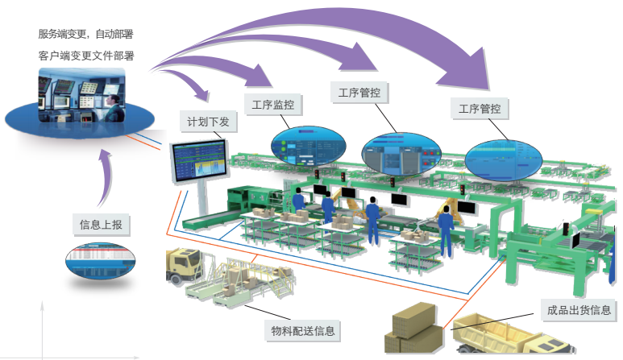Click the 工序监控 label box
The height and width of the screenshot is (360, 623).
coord(272,104)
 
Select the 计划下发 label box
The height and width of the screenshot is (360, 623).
coord(207,122)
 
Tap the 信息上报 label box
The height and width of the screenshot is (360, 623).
coord(101,223)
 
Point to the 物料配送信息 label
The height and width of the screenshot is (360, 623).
coord(303,329)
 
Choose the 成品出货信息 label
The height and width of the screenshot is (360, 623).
coord(578,309)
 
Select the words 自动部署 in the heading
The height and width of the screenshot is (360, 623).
coord(114,34)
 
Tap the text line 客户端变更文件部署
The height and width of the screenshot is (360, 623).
coord(85,56)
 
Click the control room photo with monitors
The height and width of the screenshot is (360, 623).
coord(81,94)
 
